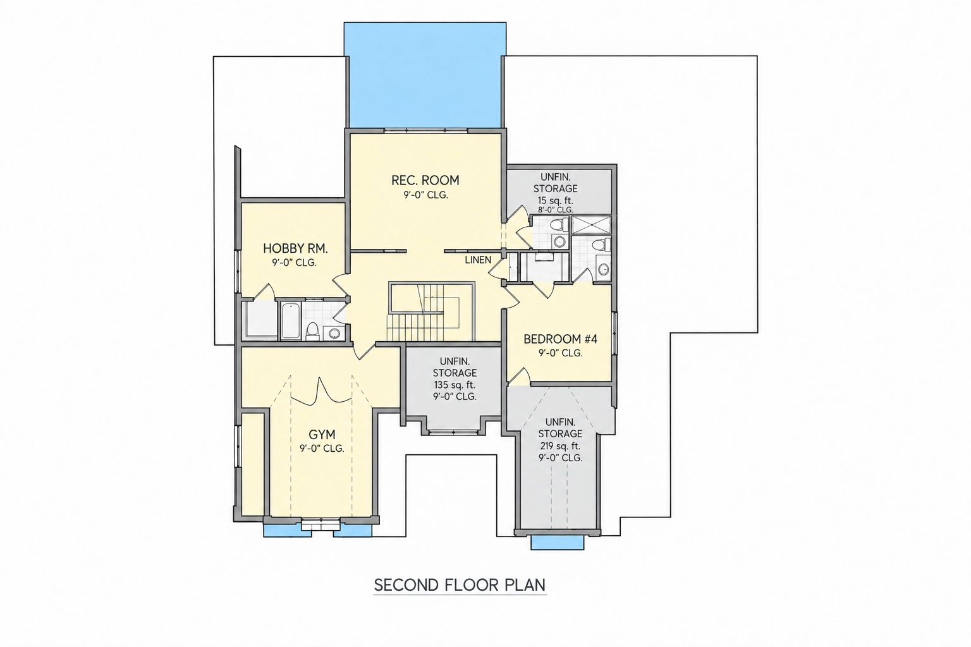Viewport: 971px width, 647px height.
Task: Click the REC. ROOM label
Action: point(425,180)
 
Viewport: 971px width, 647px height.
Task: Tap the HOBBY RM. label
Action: point(295,248)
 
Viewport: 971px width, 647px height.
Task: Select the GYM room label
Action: point(322,434)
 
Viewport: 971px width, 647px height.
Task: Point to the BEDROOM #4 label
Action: point(560,339)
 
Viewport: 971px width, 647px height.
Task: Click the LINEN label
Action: point(478,260)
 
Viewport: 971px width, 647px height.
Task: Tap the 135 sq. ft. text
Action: point(455,385)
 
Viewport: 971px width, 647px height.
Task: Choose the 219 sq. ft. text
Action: point(560,446)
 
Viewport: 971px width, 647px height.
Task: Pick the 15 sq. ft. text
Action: point(555,201)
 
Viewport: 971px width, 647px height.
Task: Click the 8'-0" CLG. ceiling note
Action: point(555,210)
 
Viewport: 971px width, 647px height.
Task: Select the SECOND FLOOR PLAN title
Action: point(460,585)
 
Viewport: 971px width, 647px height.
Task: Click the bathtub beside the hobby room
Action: point(290,321)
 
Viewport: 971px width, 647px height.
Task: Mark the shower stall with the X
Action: point(591,225)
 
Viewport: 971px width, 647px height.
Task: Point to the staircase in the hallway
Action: point(431,312)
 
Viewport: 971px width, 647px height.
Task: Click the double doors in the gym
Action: point(321,392)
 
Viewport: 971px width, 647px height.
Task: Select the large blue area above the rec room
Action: point(425,75)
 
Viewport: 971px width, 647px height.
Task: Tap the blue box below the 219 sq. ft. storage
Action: point(557,543)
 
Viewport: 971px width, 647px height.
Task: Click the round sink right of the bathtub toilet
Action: point(334,333)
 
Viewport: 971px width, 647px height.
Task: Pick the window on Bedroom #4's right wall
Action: point(614,333)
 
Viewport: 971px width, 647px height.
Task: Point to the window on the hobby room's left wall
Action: point(238,272)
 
